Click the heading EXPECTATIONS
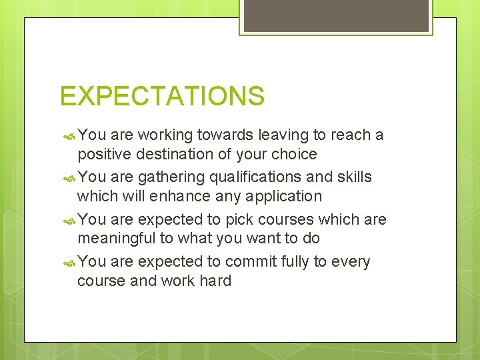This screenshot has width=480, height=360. click(x=162, y=96)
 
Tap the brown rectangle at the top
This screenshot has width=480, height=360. click(x=336, y=15)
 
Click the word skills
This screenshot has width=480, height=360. click(x=354, y=177)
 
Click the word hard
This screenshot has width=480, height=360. click(x=215, y=281)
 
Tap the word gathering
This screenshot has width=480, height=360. click(x=171, y=177)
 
